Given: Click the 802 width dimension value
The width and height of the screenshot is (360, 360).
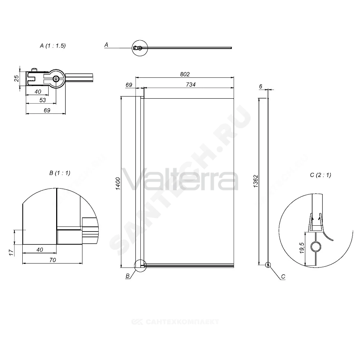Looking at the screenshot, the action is point(185,74).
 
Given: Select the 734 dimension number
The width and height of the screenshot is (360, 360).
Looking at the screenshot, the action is point(190,85).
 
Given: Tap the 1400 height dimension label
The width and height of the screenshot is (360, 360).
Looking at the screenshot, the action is point(118,184).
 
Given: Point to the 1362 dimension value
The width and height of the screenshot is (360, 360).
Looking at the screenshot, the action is point(256,181).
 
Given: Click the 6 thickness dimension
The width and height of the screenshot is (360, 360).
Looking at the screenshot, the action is point(261,86).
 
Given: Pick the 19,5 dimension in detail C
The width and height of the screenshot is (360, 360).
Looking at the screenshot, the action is point(302,248).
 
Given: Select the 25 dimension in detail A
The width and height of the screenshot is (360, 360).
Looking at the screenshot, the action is point(17,78).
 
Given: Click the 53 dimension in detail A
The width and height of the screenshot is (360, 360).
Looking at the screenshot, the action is point(42,100).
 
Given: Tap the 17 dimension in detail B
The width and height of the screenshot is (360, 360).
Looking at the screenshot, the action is point(11,253).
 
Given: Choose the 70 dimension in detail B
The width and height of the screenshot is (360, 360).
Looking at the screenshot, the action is point(53,260).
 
